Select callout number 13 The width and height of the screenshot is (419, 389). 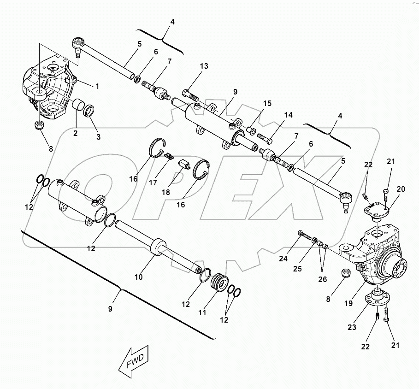[204, 66]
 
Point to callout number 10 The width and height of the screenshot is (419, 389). [138, 277]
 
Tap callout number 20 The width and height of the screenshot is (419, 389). [401, 189]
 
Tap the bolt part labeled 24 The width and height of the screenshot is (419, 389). [305, 236]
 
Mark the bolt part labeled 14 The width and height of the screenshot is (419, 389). [265, 137]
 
